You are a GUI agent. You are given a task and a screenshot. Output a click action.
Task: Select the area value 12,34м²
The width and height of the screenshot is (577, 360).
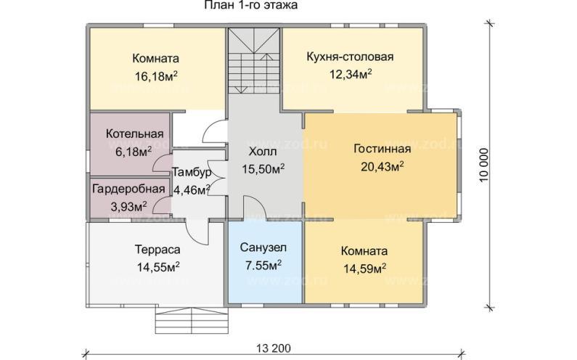350,73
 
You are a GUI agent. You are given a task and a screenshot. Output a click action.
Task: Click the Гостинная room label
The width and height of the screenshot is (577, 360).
382,150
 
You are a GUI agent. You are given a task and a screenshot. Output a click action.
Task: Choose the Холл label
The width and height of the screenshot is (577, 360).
262,152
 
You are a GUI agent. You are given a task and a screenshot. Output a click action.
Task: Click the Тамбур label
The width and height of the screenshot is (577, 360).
192,173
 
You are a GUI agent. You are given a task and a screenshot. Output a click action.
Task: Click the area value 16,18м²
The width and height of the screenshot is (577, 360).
157,75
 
